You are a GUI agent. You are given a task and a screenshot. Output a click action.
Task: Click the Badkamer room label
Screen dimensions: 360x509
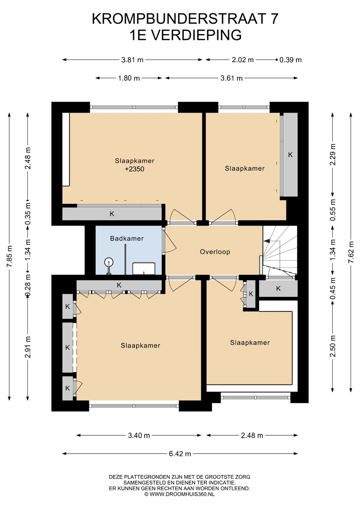(x=127, y=238)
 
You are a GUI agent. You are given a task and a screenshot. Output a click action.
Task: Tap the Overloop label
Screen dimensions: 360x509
(x=215, y=252)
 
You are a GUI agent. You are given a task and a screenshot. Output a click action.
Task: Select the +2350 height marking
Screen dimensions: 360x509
(x=134, y=169)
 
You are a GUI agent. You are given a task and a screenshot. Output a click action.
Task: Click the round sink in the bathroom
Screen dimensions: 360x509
(x=109, y=262)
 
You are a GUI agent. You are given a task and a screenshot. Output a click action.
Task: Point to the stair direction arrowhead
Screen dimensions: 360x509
(x=267, y=240)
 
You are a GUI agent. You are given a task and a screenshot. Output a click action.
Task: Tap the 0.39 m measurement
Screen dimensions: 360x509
(x=290, y=60)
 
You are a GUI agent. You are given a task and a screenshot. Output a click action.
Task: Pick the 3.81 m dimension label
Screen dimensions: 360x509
(x=132, y=60)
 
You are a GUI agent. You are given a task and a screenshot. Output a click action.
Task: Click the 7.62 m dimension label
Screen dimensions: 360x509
(x=351, y=252)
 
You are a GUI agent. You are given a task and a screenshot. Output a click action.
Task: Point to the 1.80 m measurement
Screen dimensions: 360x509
(x=129, y=78)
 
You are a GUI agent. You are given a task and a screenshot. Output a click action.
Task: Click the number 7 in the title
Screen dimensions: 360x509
(x=274, y=19)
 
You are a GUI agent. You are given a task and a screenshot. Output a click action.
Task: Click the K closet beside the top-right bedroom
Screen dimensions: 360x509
(x=290, y=155)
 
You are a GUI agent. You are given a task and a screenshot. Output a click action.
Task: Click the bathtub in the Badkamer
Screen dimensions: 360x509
(x=144, y=268)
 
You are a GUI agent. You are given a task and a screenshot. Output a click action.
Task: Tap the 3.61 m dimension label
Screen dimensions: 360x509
(x=232, y=78)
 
